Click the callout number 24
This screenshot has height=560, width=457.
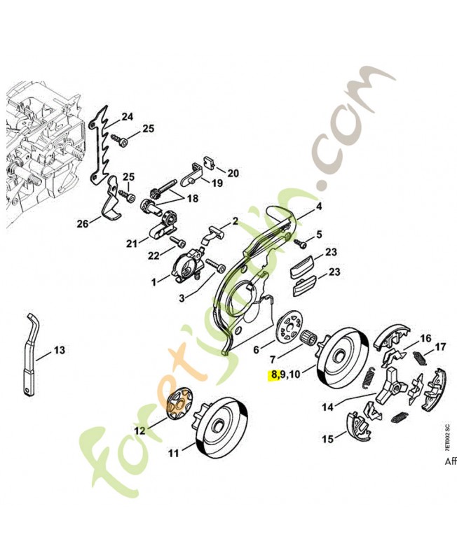click(x=127, y=116)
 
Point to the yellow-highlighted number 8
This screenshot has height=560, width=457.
click(x=273, y=374)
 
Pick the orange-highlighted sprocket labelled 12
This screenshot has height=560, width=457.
click(x=182, y=405)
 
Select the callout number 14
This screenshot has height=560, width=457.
click(x=327, y=405)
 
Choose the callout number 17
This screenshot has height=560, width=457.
click(x=440, y=346)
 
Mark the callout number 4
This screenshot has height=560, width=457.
click(x=318, y=206)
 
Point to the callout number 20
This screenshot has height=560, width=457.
click(x=233, y=173)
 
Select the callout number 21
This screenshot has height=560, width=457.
click(x=131, y=243)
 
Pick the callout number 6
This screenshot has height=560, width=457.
click(x=256, y=349)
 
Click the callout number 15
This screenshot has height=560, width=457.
click(x=327, y=440)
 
